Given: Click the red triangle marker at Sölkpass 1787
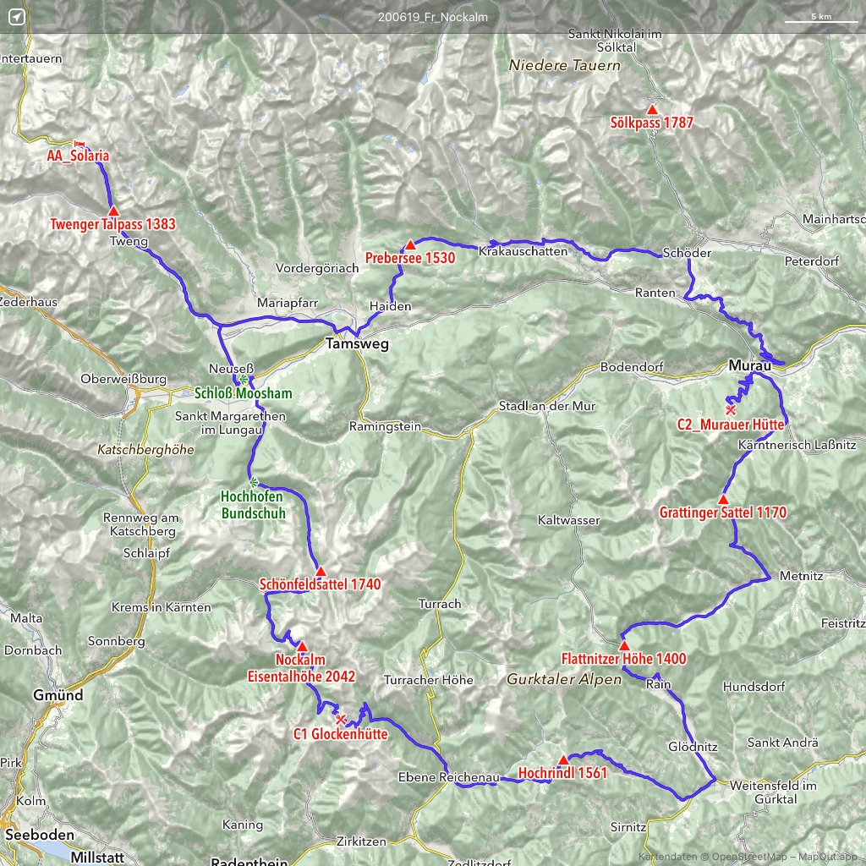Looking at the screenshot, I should (652, 110).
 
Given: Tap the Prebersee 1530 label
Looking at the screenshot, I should (410, 258).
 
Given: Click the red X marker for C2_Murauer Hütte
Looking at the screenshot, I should (731, 409).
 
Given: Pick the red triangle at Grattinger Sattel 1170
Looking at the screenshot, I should (723, 500).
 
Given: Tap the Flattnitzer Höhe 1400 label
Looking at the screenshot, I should (623, 659).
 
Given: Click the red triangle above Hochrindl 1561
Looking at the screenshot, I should (563, 759).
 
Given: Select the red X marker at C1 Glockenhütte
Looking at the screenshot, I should (340, 720).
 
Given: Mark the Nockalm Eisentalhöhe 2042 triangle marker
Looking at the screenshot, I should (302, 647).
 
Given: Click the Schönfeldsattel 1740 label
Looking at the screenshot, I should (321, 584).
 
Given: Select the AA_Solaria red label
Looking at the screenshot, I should (79, 156).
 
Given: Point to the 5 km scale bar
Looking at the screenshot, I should (820, 19).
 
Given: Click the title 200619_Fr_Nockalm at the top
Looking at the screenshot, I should (433, 17).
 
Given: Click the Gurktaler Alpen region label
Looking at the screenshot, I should (564, 679).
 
